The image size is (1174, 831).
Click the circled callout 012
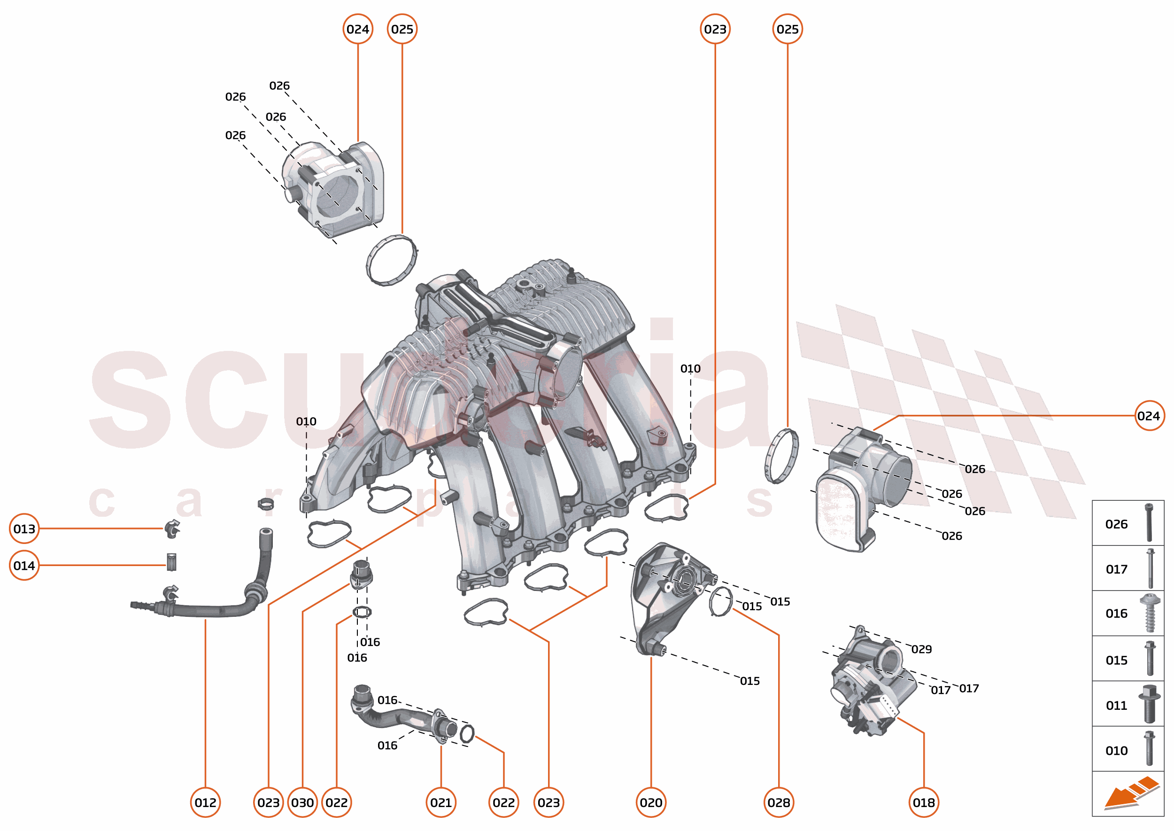click(205, 802)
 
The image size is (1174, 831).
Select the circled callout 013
click(24, 528)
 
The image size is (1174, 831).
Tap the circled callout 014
click(24, 566)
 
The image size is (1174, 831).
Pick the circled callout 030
click(302, 802)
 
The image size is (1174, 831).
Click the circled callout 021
click(441, 802)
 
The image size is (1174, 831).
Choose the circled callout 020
click(651, 802)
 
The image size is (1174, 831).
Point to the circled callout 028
click(779, 802)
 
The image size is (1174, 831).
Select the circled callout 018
click(923, 802)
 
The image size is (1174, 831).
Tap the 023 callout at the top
click(715, 29)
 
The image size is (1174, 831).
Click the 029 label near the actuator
click(921, 649)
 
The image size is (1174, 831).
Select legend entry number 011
click(1116, 706)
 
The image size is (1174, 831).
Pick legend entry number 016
click(1116, 614)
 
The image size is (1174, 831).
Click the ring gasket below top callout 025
click(392, 260)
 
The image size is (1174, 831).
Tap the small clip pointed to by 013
click(172, 528)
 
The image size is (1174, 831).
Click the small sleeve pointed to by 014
click(171, 562)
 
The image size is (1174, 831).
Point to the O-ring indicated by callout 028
click(720, 602)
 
